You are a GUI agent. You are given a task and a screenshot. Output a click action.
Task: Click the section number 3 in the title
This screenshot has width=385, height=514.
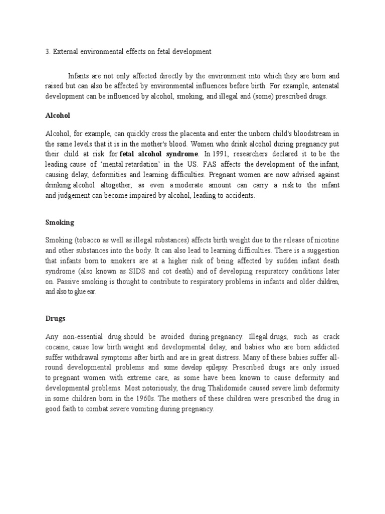pyautogui.click(x=47, y=51)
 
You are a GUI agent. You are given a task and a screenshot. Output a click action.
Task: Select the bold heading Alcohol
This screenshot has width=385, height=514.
pyautogui.click(x=58, y=115)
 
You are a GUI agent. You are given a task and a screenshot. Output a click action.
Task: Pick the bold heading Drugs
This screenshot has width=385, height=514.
pyautogui.click(x=55, y=318)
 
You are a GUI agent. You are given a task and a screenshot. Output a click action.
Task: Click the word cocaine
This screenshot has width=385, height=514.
pyautogui.click(x=57, y=347)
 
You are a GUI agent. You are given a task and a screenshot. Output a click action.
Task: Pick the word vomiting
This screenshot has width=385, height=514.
pyautogui.click(x=143, y=409)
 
